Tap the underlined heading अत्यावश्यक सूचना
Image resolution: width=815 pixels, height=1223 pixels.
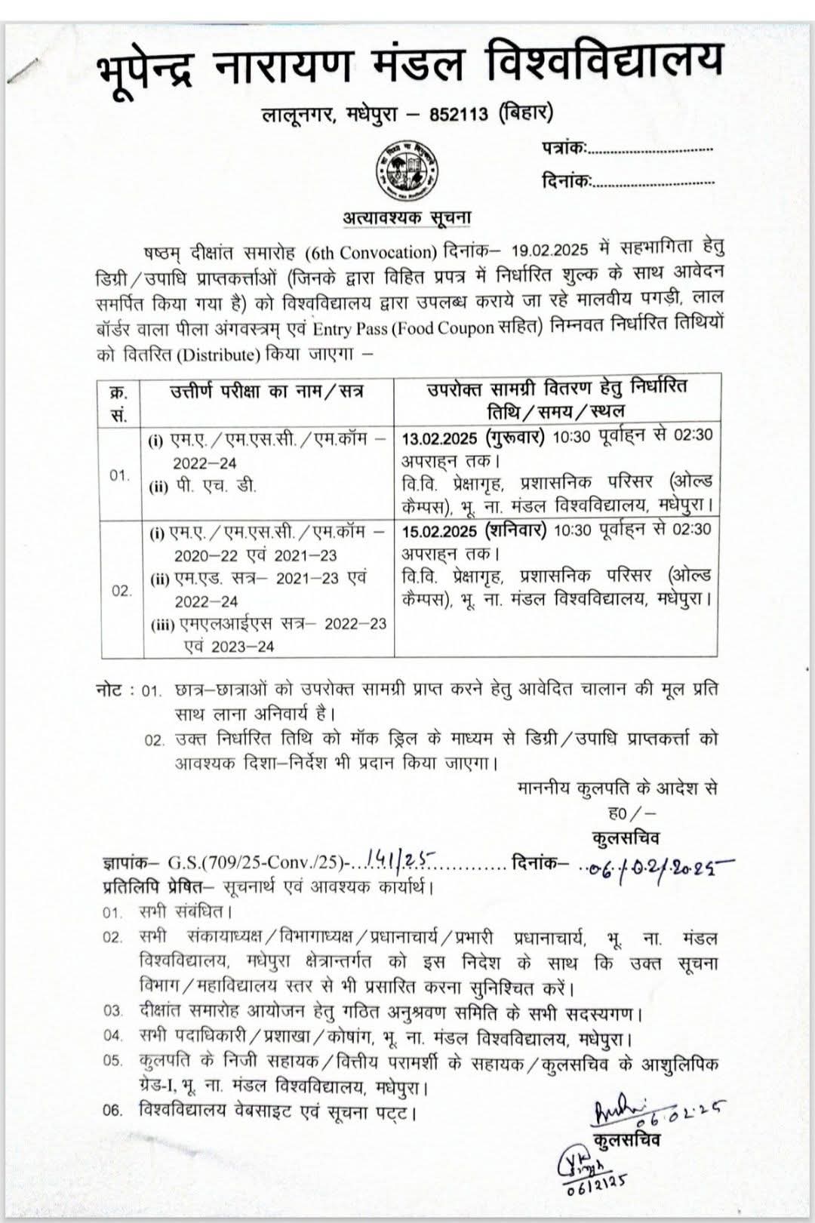(x=407, y=217)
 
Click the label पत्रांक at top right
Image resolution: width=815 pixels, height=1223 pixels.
(x=563, y=148)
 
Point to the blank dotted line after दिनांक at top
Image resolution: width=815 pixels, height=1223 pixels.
(x=654, y=183)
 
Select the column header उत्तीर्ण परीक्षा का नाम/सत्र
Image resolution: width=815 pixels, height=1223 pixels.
(x=266, y=392)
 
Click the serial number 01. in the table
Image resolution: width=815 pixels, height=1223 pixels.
(x=119, y=475)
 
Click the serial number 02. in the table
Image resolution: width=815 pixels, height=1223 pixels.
(x=121, y=591)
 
